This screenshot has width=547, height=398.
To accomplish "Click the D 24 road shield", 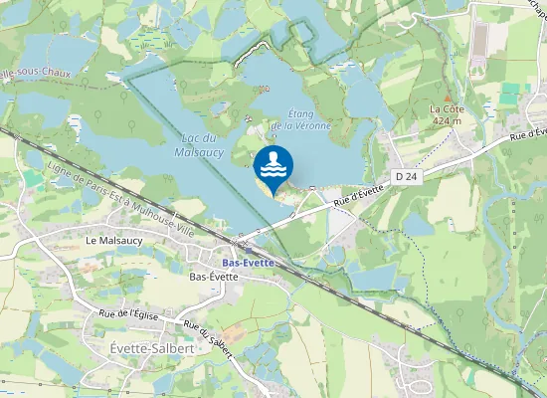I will [x=403, y=176].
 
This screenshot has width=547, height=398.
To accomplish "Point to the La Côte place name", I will [x=448, y=108].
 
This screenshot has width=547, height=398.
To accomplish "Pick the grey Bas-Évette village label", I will [x=213, y=277].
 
